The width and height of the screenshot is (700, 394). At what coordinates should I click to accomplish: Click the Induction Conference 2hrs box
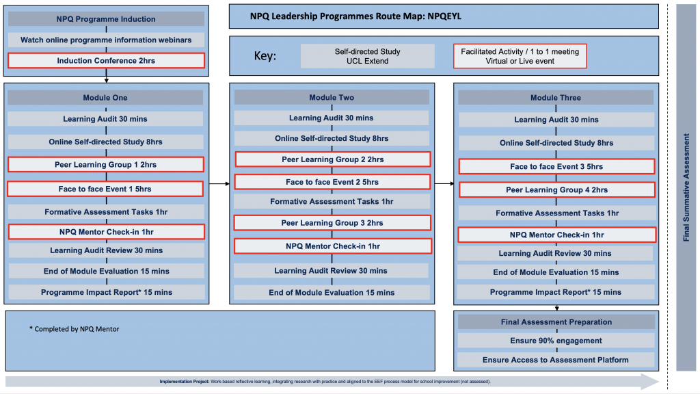pos(106,61)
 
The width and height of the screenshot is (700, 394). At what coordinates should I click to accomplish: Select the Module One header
pos(105,97)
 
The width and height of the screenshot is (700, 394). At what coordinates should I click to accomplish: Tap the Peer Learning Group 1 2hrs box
pos(106,164)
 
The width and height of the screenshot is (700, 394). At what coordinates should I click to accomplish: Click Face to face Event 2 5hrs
pos(332,182)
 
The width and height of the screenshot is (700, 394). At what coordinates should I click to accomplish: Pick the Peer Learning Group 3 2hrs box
pos(332,223)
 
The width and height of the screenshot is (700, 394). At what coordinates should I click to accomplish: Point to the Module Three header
pos(556,97)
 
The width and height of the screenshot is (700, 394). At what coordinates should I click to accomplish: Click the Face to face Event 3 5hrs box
pos(556,167)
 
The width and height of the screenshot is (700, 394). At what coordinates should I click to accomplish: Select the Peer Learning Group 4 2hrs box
pos(556,190)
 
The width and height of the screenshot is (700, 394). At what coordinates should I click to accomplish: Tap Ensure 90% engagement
pos(556,341)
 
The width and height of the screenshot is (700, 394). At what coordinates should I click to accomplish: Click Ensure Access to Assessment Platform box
pos(556,360)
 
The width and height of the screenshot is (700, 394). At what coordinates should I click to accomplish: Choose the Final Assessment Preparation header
pos(556,321)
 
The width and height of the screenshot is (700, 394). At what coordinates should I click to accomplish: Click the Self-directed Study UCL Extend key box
pos(367,56)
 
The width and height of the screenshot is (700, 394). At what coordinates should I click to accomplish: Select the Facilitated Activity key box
pos(520,56)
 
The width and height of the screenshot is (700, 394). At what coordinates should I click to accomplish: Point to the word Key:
pos(265,56)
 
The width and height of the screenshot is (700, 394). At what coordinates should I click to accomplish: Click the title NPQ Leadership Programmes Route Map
pos(355,16)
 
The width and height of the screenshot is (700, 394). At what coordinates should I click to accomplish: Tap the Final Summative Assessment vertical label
pos(686,187)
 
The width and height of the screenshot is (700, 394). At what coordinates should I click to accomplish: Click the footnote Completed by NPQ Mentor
pos(74,329)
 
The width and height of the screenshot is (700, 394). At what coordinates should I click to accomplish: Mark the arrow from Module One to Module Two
pos(219,183)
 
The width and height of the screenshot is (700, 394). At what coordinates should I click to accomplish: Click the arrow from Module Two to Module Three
pos(444,183)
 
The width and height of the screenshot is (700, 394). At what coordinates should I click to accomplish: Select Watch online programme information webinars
pos(106,40)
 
